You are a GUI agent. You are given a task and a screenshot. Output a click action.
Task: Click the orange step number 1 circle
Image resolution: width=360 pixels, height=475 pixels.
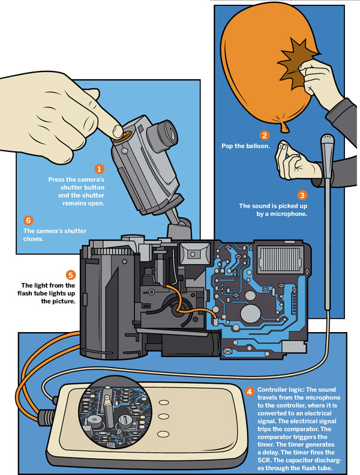pos(100,169)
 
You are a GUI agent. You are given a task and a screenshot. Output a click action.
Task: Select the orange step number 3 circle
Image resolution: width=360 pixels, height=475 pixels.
pos(302,195)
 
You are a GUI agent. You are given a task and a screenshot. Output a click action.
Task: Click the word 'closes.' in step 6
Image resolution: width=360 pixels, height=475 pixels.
pos(35,238)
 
